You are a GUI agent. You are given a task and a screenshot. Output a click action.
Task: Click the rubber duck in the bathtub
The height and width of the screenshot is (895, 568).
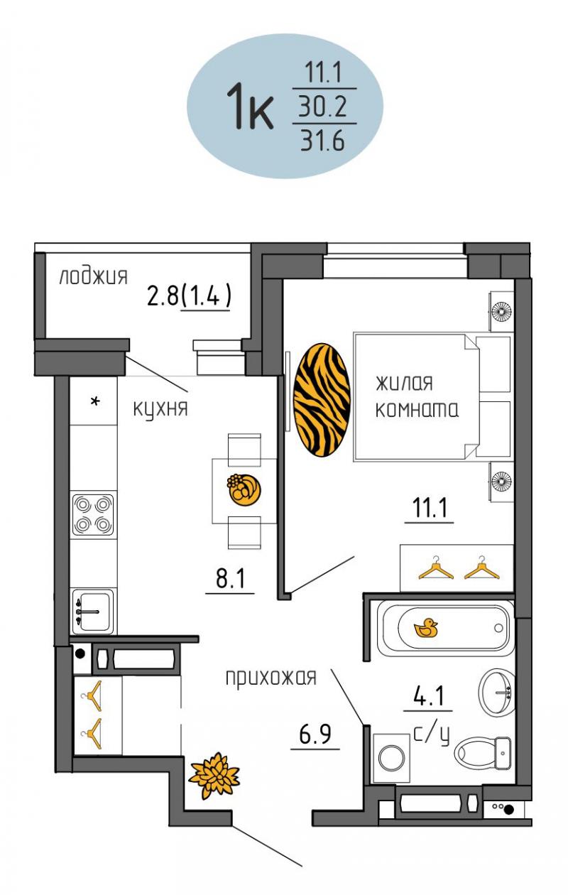click(426, 628)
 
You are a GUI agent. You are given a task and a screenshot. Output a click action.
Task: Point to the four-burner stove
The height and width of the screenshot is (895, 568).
click(93, 514)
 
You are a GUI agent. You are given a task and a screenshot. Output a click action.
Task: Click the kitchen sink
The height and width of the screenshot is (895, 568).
click(94, 612)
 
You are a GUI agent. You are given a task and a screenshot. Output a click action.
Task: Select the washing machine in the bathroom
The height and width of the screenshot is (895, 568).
click(391, 757)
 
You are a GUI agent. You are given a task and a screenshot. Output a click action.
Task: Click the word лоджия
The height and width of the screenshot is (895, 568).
click(94, 276)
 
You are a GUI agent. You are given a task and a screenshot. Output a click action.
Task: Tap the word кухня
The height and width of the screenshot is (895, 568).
click(160, 409)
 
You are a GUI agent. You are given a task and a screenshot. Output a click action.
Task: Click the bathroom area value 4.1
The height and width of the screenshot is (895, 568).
click(429, 695)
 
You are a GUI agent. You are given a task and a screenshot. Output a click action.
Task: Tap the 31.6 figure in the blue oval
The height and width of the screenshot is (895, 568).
click(322, 141)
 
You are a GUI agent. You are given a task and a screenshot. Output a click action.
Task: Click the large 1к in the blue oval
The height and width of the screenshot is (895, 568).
click(250, 106)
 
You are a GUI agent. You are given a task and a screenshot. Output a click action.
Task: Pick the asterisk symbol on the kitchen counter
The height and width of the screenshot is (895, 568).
click(95, 401)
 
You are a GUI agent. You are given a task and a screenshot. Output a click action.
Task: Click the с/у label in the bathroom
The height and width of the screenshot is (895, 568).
click(432, 734)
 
